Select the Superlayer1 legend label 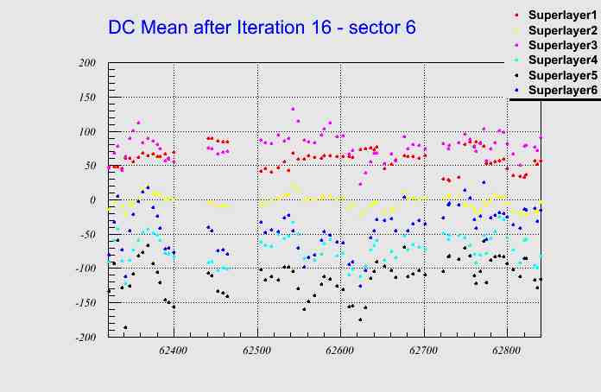tap(562, 16)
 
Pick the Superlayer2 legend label tap(562, 31)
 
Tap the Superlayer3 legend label tap(562, 46)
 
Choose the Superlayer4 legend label tap(562, 60)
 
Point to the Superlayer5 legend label tap(562, 75)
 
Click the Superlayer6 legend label tap(562, 90)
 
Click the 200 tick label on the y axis tap(86, 63)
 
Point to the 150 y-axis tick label tap(86, 98)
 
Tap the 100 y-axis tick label tap(86, 131)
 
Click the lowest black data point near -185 tap(125, 327)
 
